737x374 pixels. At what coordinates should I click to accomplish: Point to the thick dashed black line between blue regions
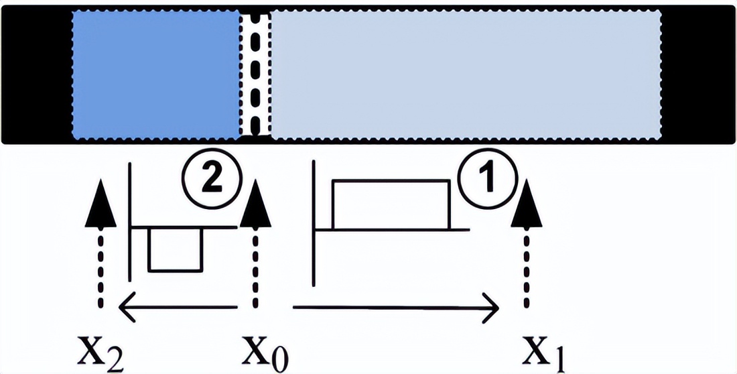click(255, 74)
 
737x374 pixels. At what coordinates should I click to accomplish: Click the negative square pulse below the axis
click(174, 249)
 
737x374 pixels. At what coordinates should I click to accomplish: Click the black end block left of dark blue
click(37, 74)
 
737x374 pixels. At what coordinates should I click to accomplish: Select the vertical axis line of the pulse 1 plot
click(314, 228)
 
